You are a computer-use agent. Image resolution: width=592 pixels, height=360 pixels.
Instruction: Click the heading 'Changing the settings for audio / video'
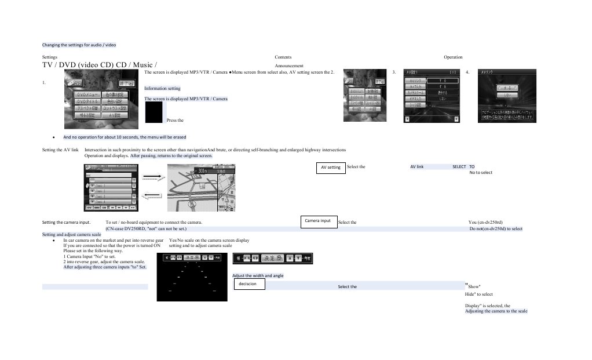pyautogui.click(x=79, y=45)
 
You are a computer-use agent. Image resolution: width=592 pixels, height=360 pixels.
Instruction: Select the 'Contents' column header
pyautogui.click(x=283, y=57)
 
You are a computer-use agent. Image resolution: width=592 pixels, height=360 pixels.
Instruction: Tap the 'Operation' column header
pyautogui.click(x=453, y=57)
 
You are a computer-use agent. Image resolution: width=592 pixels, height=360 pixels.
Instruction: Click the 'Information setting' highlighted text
pyautogui.click(x=162, y=88)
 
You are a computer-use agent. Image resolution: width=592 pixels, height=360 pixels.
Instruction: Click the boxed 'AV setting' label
pyautogui.click(x=331, y=167)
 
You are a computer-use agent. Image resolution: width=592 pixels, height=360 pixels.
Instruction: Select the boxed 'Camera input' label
pyautogui.click(x=318, y=221)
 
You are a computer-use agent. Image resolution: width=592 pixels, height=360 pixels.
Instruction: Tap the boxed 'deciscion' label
pyautogui.click(x=249, y=284)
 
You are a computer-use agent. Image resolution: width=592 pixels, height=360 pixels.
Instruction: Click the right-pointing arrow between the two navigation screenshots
pyautogui.click(x=151, y=176)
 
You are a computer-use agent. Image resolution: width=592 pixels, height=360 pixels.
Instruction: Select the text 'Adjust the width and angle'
pyautogui.click(x=258, y=275)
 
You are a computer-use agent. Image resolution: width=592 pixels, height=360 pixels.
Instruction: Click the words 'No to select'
pyautogui.click(x=481, y=172)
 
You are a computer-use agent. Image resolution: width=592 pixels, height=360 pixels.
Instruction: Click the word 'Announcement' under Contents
pyautogui.click(x=290, y=66)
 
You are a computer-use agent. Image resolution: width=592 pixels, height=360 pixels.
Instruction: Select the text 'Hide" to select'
pyautogui.click(x=479, y=294)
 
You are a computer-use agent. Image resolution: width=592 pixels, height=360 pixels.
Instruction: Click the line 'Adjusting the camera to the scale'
pyautogui.click(x=496, y=311)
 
